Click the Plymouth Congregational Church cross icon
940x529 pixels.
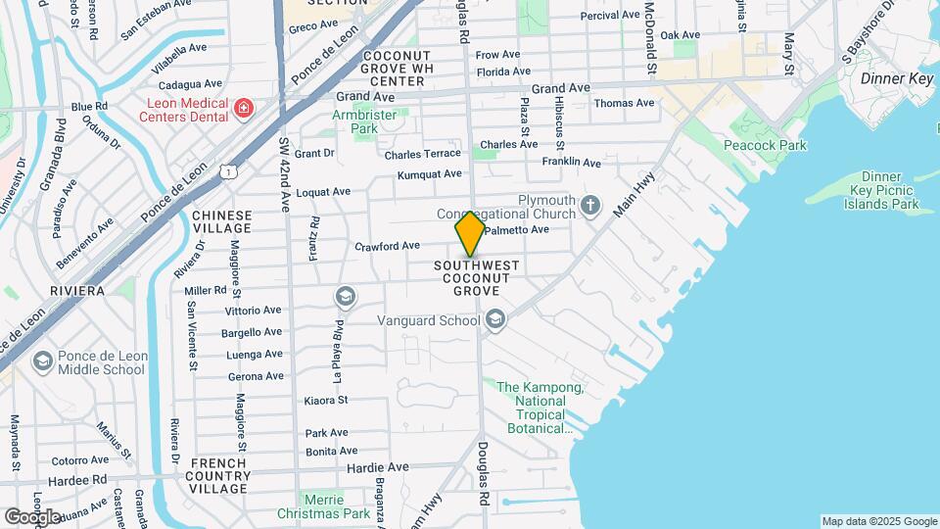tap(589, 206)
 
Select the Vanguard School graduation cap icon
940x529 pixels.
tap(495, 319)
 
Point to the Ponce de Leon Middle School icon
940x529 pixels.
tap(42, 362)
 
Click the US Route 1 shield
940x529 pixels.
tap(228, 171)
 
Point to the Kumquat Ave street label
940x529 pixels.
tap(429, 174)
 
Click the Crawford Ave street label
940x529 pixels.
tap(387, 246)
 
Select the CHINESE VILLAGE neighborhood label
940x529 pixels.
tap(221, 221)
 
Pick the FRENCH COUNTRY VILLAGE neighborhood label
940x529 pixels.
tap(218, 475)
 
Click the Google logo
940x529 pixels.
tap(32, 516)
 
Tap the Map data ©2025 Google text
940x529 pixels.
tap(878, 521)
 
